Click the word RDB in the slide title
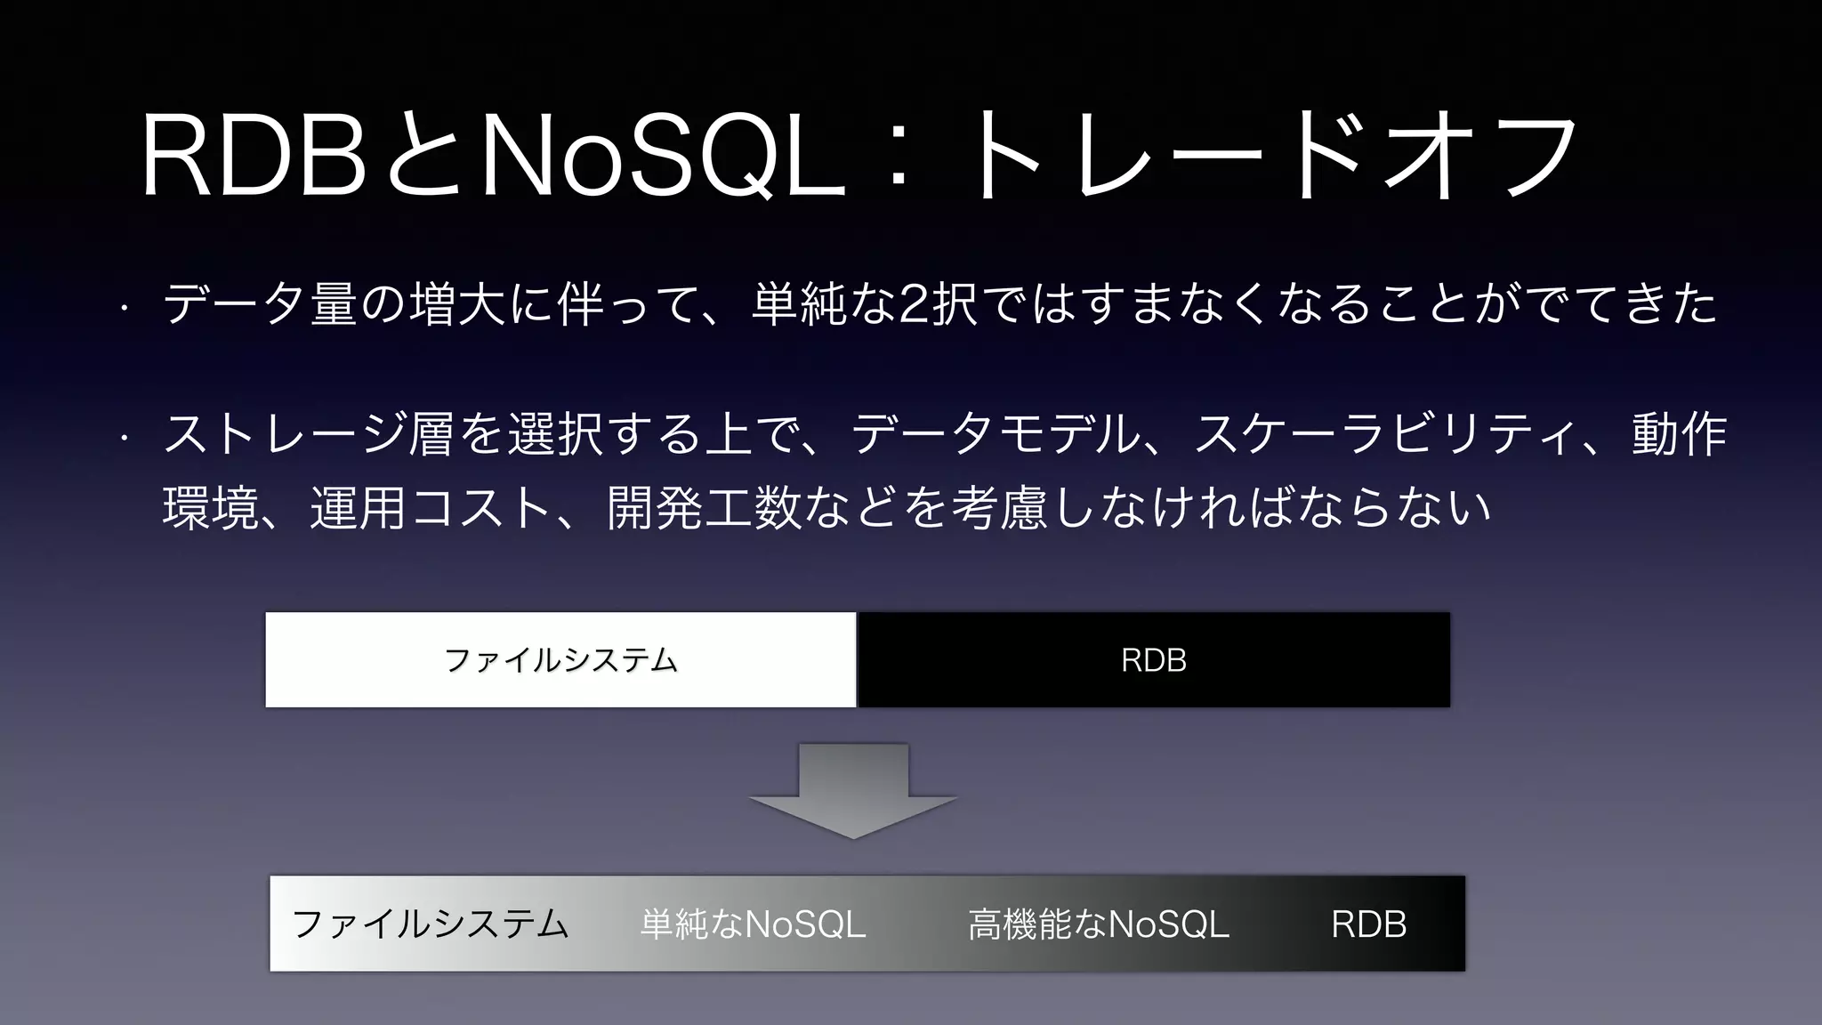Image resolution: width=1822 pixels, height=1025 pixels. [254, 156]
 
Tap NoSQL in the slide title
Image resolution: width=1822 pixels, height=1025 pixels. [664, 156]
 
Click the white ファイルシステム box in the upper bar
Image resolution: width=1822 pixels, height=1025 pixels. [560, 660]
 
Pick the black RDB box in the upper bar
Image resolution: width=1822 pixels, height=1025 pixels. [1153, 660]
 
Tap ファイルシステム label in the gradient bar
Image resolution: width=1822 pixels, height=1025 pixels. [430, 924]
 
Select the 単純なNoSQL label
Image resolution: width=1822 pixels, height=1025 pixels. [753, 924]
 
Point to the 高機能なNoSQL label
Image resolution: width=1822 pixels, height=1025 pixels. [1098, 924]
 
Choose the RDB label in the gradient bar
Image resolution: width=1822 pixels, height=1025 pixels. [1368, 924]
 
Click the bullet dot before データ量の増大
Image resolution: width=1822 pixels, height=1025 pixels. [125, 309]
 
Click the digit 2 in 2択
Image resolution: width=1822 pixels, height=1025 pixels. [910, 304]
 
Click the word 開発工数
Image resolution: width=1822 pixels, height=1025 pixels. [704, 508]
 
